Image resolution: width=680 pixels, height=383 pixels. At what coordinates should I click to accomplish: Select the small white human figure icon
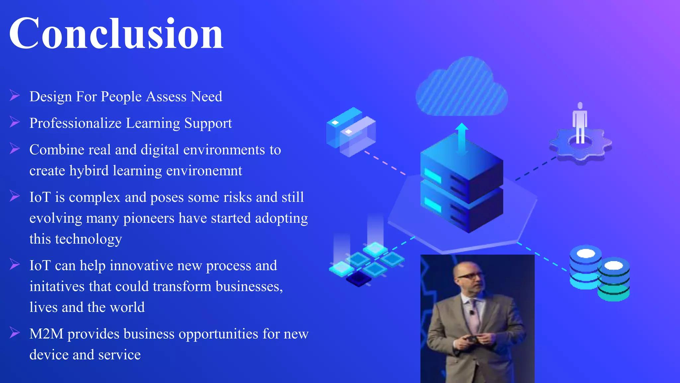[x=580, y=123]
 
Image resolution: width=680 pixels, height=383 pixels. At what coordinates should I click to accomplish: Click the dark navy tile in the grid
[x=359, y=279]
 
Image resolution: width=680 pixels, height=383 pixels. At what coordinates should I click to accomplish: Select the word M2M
[x=46, y=334]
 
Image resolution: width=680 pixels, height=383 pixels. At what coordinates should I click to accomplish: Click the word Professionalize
[x=75, y=123]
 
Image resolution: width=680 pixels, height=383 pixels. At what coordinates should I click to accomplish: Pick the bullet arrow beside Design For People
[x=15, y=95]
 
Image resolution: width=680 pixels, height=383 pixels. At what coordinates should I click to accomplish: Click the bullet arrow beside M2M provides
[x=15, y=332]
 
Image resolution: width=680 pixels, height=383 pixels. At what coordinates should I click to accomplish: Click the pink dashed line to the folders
[x=385, y=163]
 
